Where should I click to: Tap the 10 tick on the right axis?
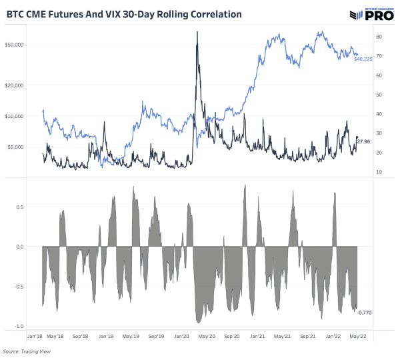coord(379,172)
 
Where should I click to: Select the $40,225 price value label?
coord(363,59)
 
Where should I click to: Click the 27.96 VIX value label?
coord(364,141)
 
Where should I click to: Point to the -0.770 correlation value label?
coord(365,312)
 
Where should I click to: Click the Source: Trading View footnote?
coord(27,351)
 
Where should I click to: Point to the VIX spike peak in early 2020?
coord(197,32)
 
